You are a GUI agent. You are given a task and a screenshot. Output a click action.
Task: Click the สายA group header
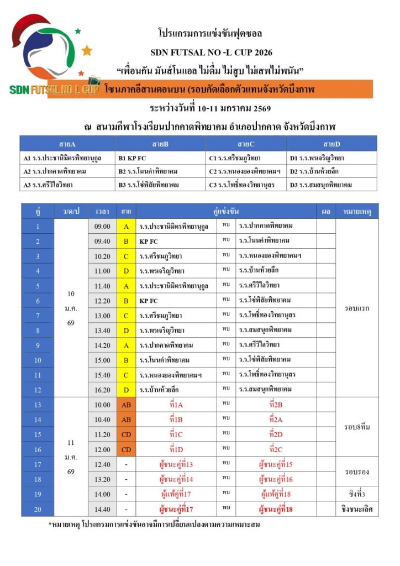[67, 144]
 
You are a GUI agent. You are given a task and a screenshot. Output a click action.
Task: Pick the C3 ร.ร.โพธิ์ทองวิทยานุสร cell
[246, 185]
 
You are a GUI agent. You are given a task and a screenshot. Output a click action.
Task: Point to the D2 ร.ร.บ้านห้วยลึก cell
[332, 171]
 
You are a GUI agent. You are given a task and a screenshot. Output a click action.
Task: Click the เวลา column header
[102, 212]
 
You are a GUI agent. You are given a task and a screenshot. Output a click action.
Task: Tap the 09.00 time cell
[102, 227]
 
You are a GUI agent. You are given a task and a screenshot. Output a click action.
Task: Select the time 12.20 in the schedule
[102, 301]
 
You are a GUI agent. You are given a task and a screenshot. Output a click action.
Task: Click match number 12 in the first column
[38, 390]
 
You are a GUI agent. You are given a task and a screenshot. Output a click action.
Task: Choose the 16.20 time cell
[102, 390]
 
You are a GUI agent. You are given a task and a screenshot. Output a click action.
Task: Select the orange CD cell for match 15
[126, 434]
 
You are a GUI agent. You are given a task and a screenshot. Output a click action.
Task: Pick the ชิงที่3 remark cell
[357, 494]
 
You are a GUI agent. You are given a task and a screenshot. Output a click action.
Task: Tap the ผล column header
[326, 212]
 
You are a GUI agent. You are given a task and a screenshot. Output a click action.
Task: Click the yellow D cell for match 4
[126, 271]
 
